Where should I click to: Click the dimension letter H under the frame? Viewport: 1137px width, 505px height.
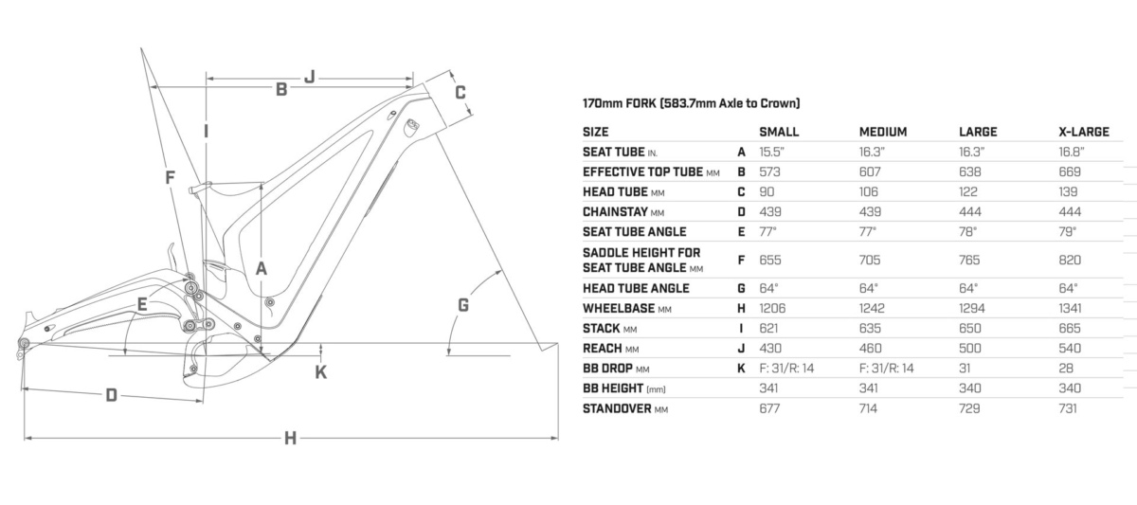coord(290,438)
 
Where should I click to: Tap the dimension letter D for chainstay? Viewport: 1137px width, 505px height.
coord(111,395)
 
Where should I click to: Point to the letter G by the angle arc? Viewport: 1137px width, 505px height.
coord(463,305)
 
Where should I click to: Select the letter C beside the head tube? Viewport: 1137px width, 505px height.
coord(460,92)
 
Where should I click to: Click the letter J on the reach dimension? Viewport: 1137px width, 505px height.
coord(310,77)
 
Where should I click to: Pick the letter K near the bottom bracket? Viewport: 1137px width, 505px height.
coord(321,372)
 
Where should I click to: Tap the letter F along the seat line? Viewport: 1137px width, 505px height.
coord(170,177)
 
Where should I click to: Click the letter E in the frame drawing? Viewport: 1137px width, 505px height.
coord(143,304)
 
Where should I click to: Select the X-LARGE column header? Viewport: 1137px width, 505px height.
coord(1084,132)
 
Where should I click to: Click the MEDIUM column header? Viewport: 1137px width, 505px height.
coord(883,132)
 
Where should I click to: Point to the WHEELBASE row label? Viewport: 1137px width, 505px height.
coord(619,308)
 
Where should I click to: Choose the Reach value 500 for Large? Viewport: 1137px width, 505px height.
coord(970,348)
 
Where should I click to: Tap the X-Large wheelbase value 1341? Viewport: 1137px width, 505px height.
coord(1070,308)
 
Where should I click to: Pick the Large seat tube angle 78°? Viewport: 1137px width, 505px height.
coord(968,232)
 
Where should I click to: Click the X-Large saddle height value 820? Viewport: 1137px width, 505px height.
coord(1070,260)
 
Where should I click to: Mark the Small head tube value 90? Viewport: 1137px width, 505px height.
coord(767,191)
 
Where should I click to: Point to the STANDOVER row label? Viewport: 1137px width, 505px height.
coord(617,408)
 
